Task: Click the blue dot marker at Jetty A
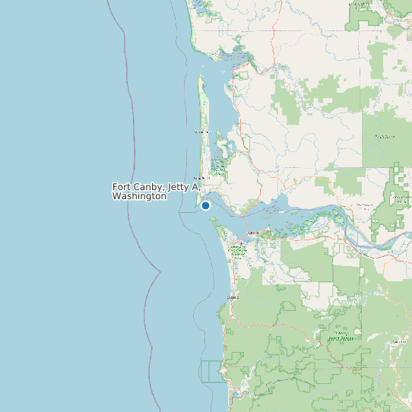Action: (205, 205)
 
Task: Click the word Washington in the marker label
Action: (139, 196)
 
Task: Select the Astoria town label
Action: (253, 233)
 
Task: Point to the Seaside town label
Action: (233, 297)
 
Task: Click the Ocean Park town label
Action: (201, 132)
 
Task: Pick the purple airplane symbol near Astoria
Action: (242, 244)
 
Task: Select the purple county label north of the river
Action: (365, 205)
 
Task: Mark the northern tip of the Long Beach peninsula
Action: (201, 77)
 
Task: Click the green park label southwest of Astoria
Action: (238, 250)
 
